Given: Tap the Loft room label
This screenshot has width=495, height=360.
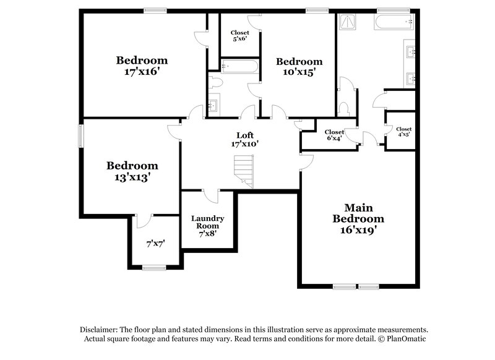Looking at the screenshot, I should click(x=245, y=139).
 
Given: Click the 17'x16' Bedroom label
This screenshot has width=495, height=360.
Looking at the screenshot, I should click(x=142, y=66).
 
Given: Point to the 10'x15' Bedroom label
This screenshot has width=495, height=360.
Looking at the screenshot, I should click(x=299, y=66).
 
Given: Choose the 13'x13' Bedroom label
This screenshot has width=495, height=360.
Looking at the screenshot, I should click(x=132, y=171).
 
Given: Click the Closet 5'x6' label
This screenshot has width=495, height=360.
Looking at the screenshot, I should click(x=239, y=35).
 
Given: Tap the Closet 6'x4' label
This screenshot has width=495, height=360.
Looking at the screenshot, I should click(x=334, y=135).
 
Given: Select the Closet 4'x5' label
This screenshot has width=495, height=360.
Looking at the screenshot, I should click(x=403, y=132).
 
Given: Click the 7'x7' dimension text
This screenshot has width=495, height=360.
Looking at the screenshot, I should click(x=155, y=244).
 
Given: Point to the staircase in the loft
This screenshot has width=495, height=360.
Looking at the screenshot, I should click(x=244, y=170).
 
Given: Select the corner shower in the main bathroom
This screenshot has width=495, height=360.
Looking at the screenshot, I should click(x=348, y=22).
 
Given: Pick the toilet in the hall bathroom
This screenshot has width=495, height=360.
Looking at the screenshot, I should click(x=215, y=82).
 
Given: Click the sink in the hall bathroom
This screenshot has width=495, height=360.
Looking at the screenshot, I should click(x=213, y=106).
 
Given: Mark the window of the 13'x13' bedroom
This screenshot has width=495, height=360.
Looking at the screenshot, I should click(x=80, y=136).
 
